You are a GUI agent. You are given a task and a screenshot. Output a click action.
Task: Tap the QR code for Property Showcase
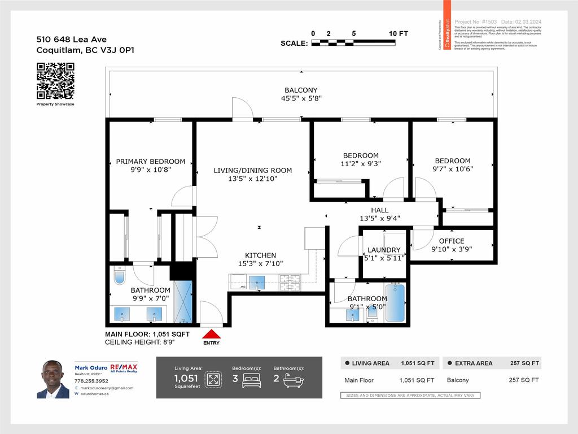pyautogui.click(x=55, y=81)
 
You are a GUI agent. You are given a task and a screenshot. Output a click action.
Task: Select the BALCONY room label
pyautogui.click(x=301, y=90)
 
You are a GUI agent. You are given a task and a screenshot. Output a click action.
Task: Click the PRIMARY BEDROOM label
pyautogui.click(x=151, y=161)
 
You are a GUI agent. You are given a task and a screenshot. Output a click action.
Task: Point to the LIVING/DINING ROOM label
pyautogui.click(x=253, y=170)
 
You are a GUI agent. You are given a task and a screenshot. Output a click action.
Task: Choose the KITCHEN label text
pyautogui.click(x=260, y=255)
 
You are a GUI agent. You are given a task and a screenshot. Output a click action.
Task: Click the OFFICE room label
pyautogui.click(x=452, y=241)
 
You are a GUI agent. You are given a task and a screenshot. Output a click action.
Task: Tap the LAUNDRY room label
pyautogui.click(x=384, y=250)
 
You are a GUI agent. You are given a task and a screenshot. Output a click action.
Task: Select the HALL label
pyautogui.click(x=379, y=210)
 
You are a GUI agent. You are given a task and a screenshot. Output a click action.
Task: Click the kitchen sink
pyautogui.click(x=257, y=283)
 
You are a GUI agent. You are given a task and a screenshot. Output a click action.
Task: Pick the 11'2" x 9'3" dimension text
pyautogui.click(x=361, y=164)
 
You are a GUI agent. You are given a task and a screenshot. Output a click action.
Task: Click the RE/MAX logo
pyautogui.click(x=124, y=368)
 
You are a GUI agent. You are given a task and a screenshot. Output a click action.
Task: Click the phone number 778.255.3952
pyautogui.click(x=91, y=381)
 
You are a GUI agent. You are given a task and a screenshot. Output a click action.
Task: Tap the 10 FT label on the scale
pyautogui.click(x=399, y=33)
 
